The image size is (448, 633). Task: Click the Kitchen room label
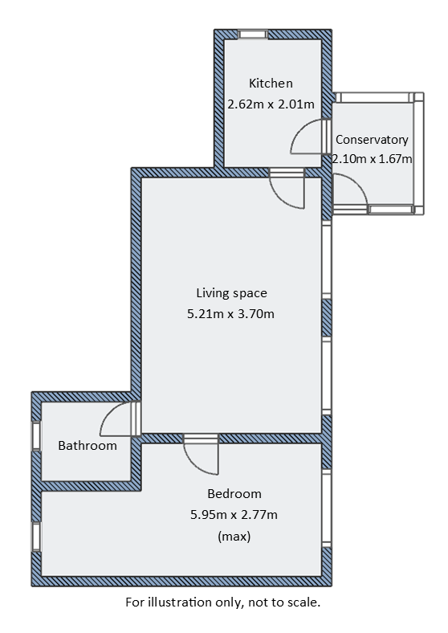click(x=271, y=84)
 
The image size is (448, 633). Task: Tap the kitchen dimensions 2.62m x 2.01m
click(x=271, y=104)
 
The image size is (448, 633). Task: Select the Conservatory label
click(x=372, y=140)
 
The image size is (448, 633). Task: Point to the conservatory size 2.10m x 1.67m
click(x=372, y=159)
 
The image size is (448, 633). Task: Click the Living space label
click(x=231, y=293)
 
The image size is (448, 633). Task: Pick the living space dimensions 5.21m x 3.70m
click(x=231, y=313)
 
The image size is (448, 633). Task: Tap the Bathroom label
click(x=88, y=446)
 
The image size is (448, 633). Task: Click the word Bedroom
click(x=234, y=494)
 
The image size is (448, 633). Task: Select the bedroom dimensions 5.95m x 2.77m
click(x=234, y=514)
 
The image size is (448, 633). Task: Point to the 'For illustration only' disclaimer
click(x=223, y=602)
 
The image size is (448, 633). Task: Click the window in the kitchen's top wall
click(x=254, y=35)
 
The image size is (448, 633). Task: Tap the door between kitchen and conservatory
click(x=310, y=138)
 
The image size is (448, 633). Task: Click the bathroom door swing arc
click(x=119, y=419)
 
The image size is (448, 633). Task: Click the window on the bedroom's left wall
click(x=36, y=536)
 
